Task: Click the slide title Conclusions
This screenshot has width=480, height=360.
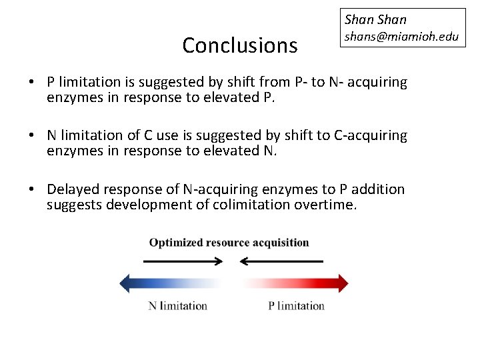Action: click(239, 45)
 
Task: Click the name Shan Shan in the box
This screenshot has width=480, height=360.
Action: click(375, 19)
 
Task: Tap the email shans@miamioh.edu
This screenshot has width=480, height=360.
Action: click(401, 36)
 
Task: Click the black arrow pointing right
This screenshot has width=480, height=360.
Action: click(183, 261)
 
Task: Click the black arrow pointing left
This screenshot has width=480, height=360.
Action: click(281, 261)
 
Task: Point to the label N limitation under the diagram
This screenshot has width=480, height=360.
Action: click(177, 306)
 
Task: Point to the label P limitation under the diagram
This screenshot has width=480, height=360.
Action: click(296, 306)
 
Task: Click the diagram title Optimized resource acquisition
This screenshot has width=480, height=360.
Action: click(229, 243)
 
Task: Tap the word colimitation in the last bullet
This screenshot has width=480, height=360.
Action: click(251, 205)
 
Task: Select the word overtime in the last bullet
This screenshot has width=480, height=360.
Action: click(325, 205)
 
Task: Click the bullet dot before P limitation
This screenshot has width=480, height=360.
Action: click(32, 83)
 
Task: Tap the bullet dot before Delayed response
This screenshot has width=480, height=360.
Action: click(32, 190)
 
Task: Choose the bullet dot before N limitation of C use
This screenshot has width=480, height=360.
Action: click(32, 136)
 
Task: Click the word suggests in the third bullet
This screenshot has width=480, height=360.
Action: click(73, 205)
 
